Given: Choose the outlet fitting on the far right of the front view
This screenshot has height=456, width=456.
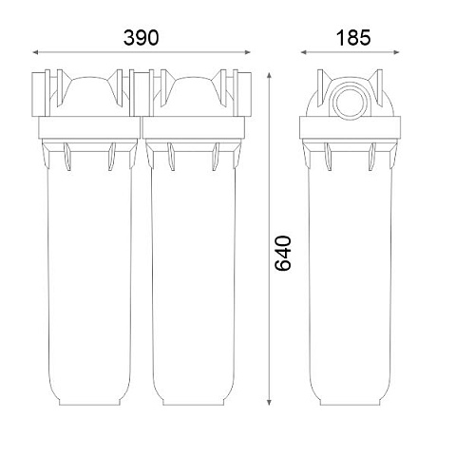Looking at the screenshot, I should pos(245,92).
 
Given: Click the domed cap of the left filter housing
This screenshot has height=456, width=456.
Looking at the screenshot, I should pos(89,90).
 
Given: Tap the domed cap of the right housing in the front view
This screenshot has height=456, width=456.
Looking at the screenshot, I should pos(194,90).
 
